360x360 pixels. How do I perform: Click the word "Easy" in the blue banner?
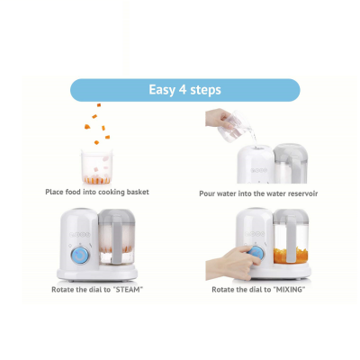(x=162, y=90)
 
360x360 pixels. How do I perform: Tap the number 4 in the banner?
(x=183, y=89)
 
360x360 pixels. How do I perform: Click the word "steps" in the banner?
(x=206, y=90)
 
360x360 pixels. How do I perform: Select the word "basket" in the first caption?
(x=138, y=192)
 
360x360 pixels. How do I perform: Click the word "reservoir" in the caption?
(x=302, y=193)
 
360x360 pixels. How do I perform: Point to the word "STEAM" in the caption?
(x=128, y=290)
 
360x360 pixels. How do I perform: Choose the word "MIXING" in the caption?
(x=289, y=290)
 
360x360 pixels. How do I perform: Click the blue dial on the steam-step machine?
(x=80, y=256)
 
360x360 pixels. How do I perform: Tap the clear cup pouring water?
(x=235, y=126)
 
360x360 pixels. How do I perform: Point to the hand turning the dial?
(x=233, y=263)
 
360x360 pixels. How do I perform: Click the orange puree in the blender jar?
(x=290, y=256)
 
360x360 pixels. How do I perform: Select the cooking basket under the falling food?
(x=97, y=166)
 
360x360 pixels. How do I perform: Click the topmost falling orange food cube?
(x=99, y=105)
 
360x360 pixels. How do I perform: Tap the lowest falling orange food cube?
(x=96, y=142)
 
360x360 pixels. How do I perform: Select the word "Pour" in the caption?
(x=207, y=193)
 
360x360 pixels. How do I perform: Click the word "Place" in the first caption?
(x=54, y=192)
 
